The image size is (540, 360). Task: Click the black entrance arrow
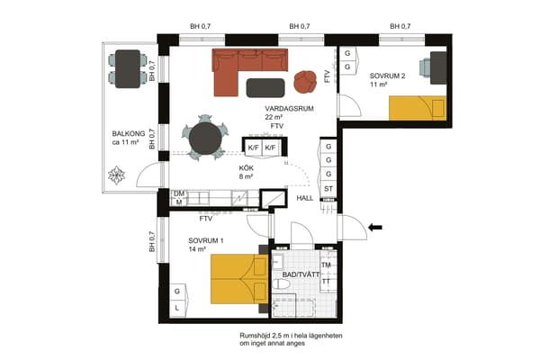[x=375, y=227]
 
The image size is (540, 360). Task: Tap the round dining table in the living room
[x=205, y=139]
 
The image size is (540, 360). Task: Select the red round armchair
[x=305, y=82]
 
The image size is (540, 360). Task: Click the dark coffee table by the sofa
[x=265, y=88]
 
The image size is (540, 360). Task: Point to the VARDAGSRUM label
[x=289, y=109]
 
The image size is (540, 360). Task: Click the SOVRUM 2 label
[x=387, y=76]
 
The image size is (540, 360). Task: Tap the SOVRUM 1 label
[x=206, y=240]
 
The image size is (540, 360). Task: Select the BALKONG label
[x=129, y=134]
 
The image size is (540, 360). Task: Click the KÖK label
[x=247, y=168]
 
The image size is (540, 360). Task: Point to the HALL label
[x=305, y=198]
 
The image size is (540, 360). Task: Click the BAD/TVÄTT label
[x=301, y=274]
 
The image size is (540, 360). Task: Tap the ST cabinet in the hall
[x=328, y=189]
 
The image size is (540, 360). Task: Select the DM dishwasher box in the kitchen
[x=179, y=194]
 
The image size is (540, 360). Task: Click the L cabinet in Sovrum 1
[x=177, y=308]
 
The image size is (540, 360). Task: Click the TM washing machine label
[x=326, y=265]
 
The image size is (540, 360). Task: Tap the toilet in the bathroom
[x=282, y=284]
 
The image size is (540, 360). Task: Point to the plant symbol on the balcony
[x=116, y=175]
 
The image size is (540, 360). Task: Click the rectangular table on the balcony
[x=128, y=69]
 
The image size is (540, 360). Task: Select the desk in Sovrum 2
[x=438, y=67]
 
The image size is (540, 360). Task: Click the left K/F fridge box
[x=253, y=148]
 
